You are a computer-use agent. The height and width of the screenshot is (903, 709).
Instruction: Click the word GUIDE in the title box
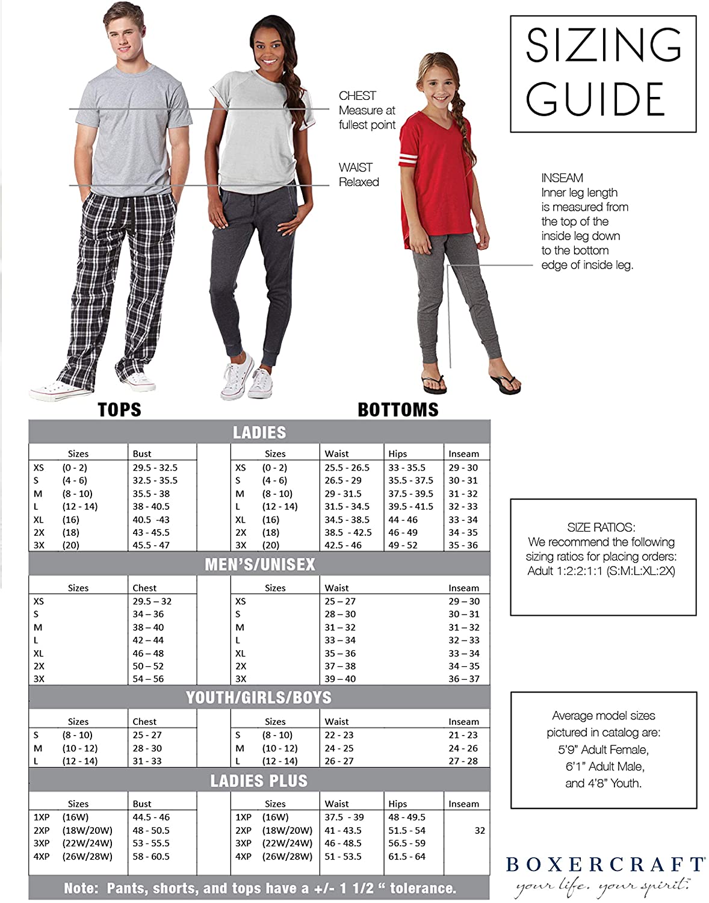click(x=595, y=99)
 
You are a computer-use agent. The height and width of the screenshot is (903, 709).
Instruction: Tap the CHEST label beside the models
click(x=357, y=96)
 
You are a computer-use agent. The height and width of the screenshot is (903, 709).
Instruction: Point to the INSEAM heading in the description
click(x=562, y=178)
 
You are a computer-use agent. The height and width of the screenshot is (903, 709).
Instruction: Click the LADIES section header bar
click(x=259, y=432)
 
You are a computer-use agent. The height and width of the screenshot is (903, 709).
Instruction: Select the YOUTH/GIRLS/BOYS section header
click(x=259, y=697)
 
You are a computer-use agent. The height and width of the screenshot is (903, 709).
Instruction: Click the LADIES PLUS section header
click(x=259, y=781)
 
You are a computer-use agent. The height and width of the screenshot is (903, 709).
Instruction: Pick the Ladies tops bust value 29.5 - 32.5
click(x=155, y=468)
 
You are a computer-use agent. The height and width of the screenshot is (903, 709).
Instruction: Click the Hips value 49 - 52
click(x=403, y=545)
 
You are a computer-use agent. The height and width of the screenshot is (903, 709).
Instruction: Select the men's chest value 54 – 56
click(x=148, y=679)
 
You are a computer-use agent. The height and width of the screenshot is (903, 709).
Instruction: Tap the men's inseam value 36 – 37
click(x=463, y=679)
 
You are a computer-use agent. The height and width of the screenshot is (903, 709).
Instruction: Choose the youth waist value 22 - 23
click(x=339, y=735)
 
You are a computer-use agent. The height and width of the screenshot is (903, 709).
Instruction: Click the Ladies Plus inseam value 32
click(x=480, y=831)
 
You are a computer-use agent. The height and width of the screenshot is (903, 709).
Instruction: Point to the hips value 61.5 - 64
click(x=407, y=857)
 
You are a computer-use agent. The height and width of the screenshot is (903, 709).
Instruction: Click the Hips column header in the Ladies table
click(x=398, y=454)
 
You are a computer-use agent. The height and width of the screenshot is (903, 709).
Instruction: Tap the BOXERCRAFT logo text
click(x=605, y=865)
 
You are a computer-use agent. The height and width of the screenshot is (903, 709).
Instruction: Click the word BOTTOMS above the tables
click(x=398, y=410)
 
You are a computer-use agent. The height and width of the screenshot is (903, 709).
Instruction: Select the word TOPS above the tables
click(x=119, y=410)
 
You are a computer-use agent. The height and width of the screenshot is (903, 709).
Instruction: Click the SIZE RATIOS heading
click(x=601, y=527)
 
